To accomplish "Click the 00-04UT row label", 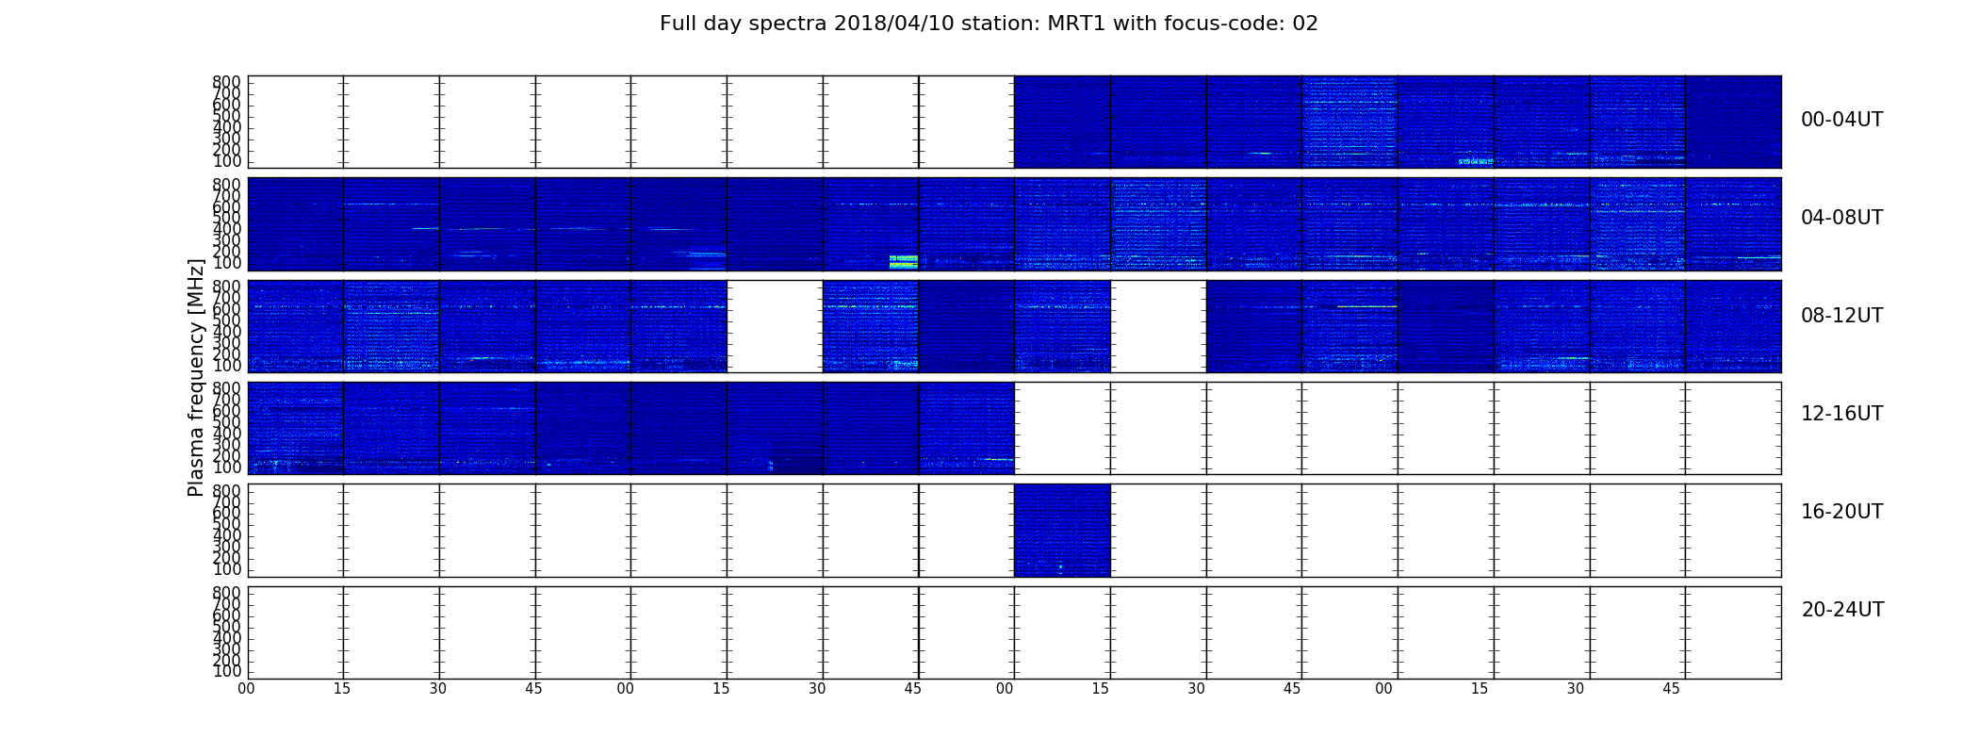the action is tap(1841, 120).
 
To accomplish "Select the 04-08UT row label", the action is tap(1841, 218).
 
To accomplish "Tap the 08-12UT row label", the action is tap(1841, 316).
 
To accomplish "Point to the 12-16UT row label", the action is tap(1841, 414).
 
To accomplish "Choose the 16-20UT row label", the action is tap(1841, 512).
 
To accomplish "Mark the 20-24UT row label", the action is tap(1842, 610).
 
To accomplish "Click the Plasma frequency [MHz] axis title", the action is tap(196, 377).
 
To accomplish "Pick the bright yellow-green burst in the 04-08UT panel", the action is tap(904, 261).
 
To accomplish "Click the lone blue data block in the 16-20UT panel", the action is tap(1062, 530).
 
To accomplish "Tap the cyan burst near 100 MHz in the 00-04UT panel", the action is tap(1476, 161).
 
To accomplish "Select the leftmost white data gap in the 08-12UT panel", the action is tap(775, 326).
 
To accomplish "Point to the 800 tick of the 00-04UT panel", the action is tap(226, 82).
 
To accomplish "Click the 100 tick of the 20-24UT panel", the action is tap(226, 672).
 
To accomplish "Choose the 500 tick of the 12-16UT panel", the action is tap(226, 422).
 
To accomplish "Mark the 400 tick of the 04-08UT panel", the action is tap(226, 229).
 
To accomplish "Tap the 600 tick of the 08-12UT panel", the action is tap(226, 309).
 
